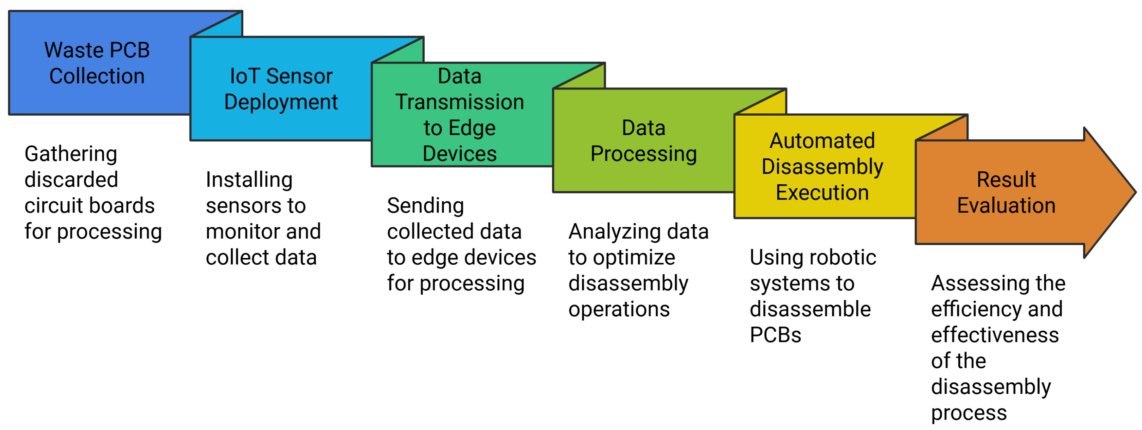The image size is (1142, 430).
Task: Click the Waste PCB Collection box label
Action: [x=97, y=63]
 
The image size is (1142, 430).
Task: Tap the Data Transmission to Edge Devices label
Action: [x=459, y=114]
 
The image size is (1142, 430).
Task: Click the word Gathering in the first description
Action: [x=71, y=154]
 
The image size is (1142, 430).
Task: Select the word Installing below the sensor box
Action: [x=249, y=179]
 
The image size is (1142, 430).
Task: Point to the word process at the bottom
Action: [x=969, y=413]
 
